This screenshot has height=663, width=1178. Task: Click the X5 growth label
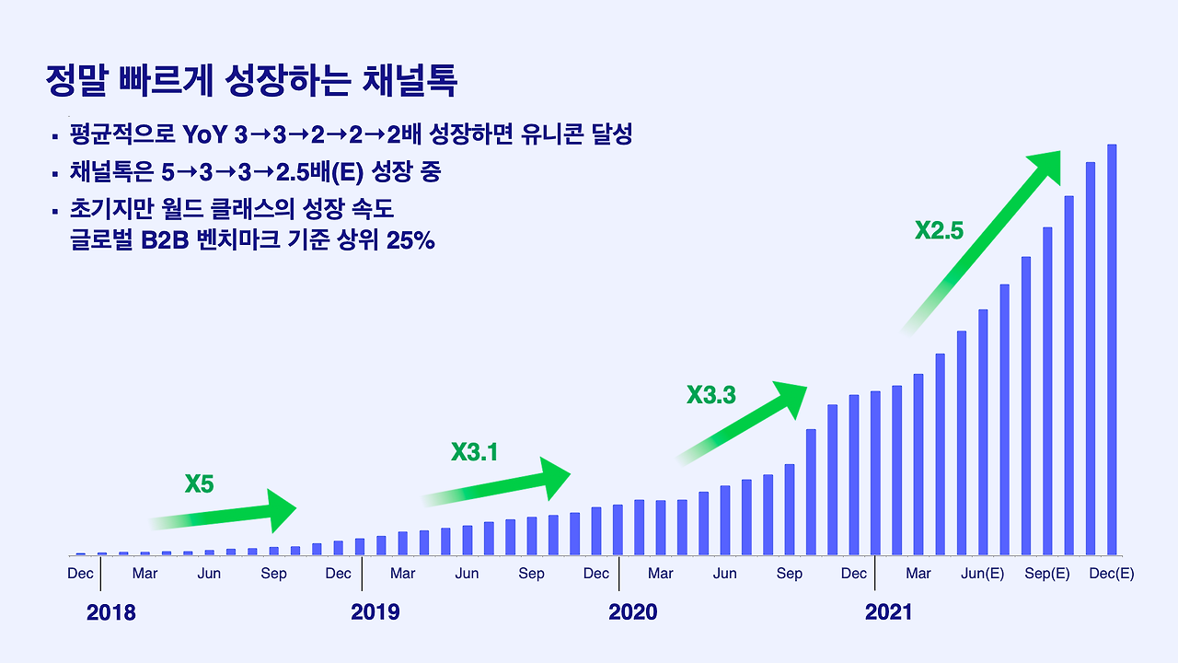coord(199,483)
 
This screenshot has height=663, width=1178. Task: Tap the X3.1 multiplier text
coord(474,452)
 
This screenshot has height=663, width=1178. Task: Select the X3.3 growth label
coord(711,395)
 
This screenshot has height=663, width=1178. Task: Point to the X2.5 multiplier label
coord(939,230)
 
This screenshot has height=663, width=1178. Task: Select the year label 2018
coord(110,612)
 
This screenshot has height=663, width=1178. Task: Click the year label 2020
coord(633,612)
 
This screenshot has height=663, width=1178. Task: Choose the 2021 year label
coord(888,612)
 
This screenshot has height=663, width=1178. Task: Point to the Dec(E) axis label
coord(1112,574)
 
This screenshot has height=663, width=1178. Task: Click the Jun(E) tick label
coord(983,574)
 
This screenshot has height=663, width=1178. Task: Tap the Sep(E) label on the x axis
coord(1047,574)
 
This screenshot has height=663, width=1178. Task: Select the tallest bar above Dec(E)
coord(1112,350)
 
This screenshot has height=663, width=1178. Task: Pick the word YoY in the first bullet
coord(204,135)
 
